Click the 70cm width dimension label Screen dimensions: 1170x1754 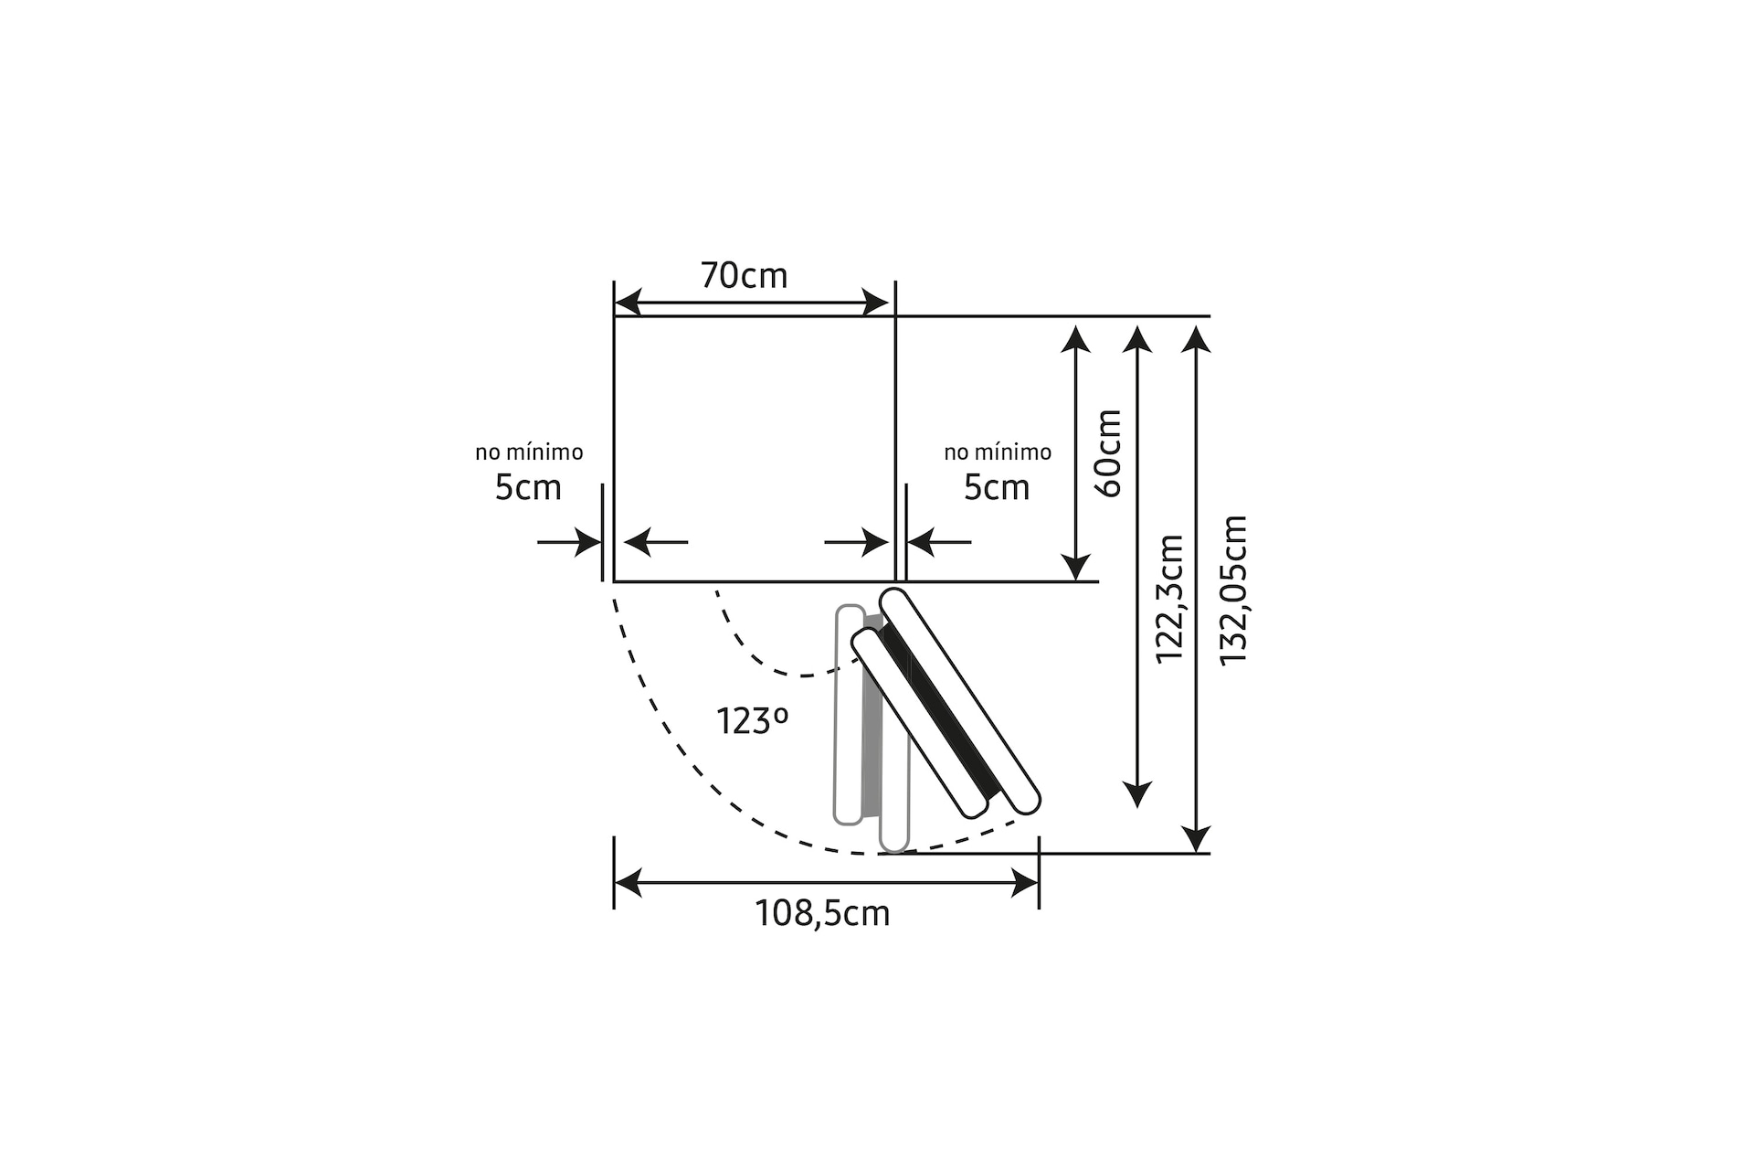(x=744, y=275)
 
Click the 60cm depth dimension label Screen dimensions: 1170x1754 (x=1108, y=453)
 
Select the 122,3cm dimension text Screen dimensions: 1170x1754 (x=1170, y=599)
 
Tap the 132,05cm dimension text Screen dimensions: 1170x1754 (x=1234, y=590)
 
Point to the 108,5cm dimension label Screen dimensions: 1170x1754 (x=822, y=913)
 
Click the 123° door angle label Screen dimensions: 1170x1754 (x=751, y=721)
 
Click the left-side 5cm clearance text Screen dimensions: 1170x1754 (x=528, y=487)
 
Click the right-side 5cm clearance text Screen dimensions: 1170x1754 (x=997, y=487)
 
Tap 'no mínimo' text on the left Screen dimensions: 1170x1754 (x=529, y=452)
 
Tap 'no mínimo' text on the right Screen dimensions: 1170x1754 (x=998, y=452)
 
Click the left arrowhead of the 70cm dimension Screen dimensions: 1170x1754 (x=628, y=303)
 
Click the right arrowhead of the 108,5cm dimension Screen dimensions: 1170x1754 (x=1026, y=883)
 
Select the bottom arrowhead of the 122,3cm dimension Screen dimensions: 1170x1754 (x=1136, y=794)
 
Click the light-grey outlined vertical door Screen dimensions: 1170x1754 (x=849, y=713)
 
